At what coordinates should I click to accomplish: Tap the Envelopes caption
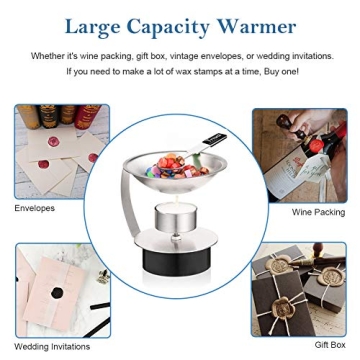(x=34, y=209)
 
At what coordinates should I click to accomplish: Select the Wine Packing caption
(x=318, y=212)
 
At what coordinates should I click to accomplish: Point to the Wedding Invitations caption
(x=52, y=347)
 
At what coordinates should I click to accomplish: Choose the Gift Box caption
(x=330, y=345)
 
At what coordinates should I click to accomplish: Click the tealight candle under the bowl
(x=176, y=217)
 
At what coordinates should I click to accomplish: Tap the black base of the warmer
(x=176, y=261)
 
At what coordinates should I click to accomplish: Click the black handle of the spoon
(x=215, y=139)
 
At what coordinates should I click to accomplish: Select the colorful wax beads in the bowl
(x=177, y=166)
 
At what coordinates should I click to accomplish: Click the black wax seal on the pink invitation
(x=57, y=293)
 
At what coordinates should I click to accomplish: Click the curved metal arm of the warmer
(x=129, y=203)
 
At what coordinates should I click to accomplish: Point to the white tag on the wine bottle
(x=314, y=169)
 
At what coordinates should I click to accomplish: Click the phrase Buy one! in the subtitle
(x=281, y=72)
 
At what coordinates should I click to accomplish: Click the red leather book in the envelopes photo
(x=87, y=117)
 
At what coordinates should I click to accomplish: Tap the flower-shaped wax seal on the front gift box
(x=283, y=307)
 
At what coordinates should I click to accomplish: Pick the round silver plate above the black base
(x=176, y=240)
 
